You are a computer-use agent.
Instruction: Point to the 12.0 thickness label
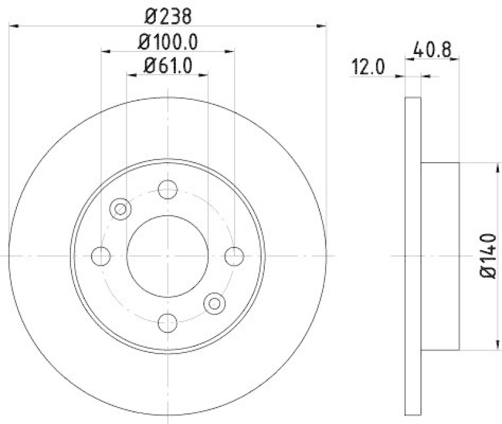pos(368,67)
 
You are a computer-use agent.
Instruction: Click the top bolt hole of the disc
pos(168,189)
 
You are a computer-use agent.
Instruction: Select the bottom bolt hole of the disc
pos(168,322)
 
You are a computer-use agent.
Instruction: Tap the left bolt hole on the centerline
pos(101,256)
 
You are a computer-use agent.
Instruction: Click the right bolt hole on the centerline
pos(234,256)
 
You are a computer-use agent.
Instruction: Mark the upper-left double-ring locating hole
pos(120,209)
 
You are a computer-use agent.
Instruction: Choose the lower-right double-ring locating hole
pos(215,303)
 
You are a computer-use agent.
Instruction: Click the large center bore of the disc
pos(168,256)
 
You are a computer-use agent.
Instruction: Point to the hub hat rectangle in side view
pos(440,256)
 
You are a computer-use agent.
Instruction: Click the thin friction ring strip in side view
pos(412,256)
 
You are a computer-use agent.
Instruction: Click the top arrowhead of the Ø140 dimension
pos(499,167)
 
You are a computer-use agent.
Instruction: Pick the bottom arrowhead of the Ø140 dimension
pos(499,345)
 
